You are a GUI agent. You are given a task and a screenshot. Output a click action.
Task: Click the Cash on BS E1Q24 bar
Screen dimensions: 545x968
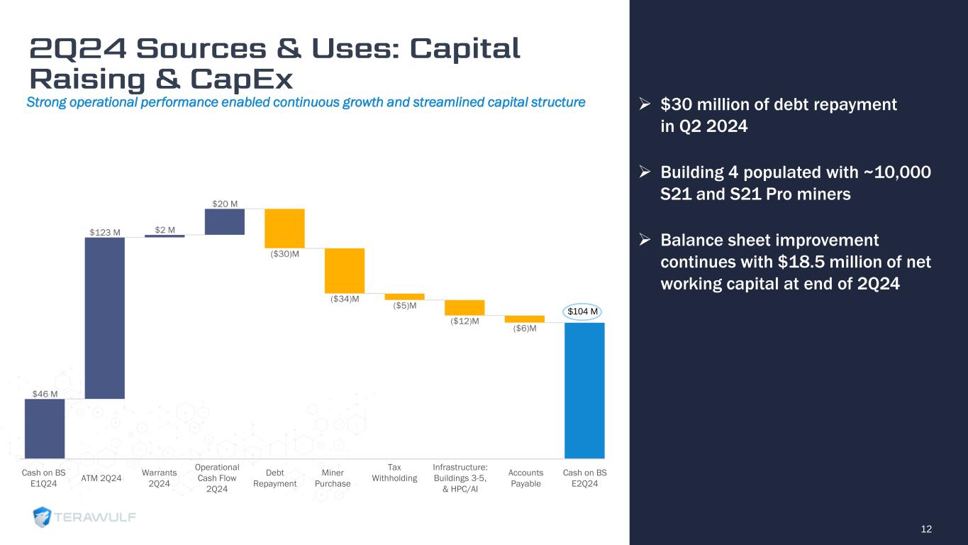45,429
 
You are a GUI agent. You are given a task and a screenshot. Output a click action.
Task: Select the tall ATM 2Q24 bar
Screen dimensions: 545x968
105,318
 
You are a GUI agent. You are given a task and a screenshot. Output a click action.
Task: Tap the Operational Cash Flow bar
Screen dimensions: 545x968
225,221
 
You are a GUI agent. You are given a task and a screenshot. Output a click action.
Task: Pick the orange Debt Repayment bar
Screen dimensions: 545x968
285,228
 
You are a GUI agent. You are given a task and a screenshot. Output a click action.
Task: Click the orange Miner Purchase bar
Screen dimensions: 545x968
345,270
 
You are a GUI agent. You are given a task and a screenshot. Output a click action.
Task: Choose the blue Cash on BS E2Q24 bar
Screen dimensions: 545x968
584,390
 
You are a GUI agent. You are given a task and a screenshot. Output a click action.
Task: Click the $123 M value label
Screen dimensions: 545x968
105,231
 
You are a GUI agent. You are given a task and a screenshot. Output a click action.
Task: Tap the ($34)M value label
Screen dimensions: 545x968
345,299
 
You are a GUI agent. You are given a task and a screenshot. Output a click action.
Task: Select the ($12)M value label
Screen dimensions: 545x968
464,321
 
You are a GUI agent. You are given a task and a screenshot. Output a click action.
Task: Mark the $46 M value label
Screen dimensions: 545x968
45,393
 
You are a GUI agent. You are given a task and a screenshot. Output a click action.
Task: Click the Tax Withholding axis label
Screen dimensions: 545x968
394,473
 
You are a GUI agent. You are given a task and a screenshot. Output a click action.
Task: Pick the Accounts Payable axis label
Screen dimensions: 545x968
525,478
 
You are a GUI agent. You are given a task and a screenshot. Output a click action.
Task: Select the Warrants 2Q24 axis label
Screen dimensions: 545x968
160,478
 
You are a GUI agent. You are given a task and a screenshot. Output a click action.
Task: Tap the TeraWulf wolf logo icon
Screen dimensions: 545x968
43,517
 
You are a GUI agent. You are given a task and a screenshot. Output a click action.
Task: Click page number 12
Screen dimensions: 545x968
926,529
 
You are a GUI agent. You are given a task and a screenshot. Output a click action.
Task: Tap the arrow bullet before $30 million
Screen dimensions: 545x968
645,105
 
